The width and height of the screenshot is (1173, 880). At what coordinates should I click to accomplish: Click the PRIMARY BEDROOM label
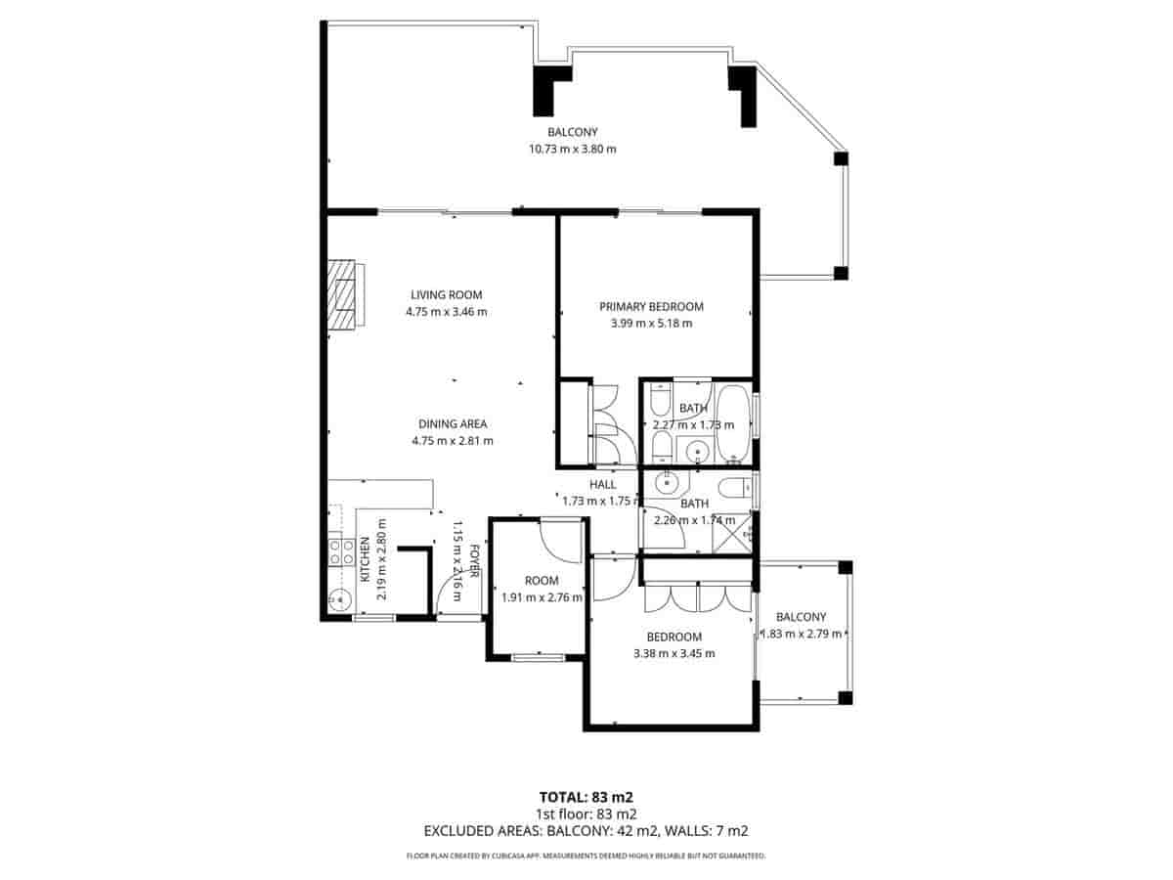[x=651, y=306]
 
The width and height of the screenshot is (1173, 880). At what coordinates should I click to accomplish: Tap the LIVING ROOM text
[x=446, y=294]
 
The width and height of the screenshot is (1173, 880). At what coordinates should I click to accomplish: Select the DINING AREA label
[x=452, y=424]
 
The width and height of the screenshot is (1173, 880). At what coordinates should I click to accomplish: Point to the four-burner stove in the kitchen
[x=341, y=552]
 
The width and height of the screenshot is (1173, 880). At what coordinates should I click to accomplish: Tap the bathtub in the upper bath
[x=732, y=425]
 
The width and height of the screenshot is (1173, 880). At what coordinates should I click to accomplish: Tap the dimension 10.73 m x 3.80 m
[x=573, y=149]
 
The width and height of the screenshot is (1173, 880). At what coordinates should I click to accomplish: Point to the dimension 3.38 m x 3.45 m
[x=673, y=653]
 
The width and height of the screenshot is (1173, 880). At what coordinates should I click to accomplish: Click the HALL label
[x=602, y=484]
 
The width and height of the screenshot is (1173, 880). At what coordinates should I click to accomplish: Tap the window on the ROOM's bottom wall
[x=539, y=657]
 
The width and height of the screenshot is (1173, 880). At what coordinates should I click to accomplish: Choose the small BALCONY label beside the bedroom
[x=801, y=617]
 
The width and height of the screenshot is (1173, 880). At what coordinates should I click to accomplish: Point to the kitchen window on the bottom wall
[x=373, y=618]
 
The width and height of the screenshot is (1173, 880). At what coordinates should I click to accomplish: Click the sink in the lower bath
[x=667, y=481]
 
